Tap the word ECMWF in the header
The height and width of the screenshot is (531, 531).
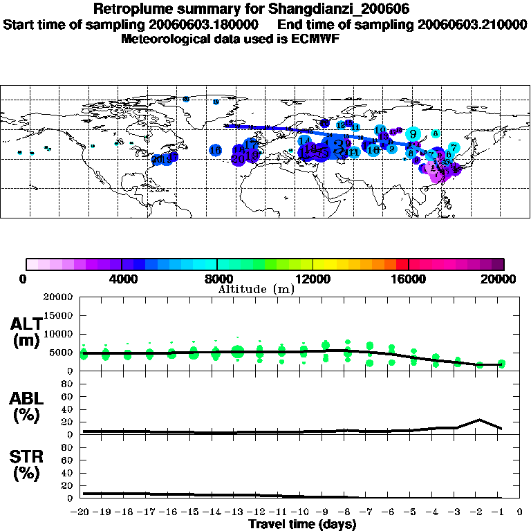coord(317,39)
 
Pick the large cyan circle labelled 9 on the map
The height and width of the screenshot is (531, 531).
coord(413,134)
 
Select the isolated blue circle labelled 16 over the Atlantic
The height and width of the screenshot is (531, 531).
coord(215,150)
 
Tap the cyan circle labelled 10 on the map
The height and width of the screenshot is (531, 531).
coord(380,130)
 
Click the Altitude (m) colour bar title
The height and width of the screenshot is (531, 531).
coord(256,289)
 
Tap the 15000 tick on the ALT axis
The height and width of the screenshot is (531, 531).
coord(60,315)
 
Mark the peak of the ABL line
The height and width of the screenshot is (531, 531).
coord(479,420)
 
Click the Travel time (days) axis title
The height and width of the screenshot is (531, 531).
coord(302,524)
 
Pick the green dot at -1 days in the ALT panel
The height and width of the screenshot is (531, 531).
coord(502,364)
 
